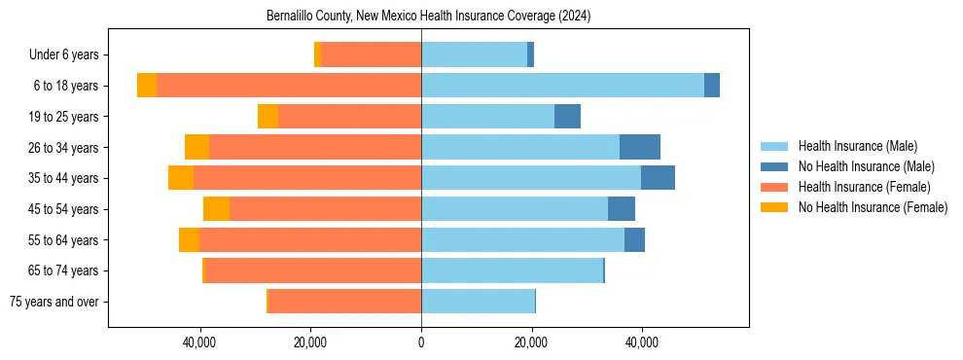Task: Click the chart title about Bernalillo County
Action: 428,17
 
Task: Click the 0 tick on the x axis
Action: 421,342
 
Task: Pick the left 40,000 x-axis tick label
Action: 200,342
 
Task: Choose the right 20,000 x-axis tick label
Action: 532,342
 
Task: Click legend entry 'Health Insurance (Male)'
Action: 857,147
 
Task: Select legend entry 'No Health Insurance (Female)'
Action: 873,207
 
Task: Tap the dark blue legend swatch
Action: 774,167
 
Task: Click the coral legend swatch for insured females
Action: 774,187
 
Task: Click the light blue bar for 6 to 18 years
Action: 562,86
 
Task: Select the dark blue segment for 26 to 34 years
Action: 640,147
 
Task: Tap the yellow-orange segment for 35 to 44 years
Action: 181,178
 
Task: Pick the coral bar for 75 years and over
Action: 344,302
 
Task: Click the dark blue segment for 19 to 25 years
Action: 567,117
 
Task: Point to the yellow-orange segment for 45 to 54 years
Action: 216,209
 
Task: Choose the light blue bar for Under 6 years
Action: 474,55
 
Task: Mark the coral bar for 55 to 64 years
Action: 310,240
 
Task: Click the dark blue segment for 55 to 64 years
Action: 634,240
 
